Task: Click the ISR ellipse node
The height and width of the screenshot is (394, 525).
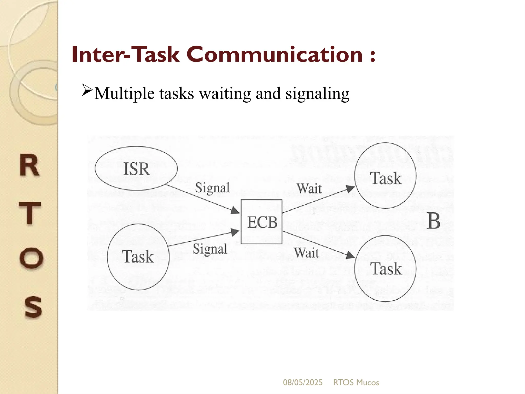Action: (x=136, y=168)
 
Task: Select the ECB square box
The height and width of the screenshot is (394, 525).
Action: (x=261, y=222)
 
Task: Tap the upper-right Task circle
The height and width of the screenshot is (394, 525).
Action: (x=385, y=176)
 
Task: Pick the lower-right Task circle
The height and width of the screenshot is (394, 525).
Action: (x=385, y=269)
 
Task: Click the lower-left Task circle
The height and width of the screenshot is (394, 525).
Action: (x=138, y=257)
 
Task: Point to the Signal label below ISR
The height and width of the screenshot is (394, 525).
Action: (x=212, y=188)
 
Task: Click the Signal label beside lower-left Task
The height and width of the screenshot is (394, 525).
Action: (x=210, y=249)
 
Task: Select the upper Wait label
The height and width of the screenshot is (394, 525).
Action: (x=309, y=189)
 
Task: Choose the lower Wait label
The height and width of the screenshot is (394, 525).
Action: (x=307, y=253)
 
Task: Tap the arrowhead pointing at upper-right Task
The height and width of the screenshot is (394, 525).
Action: (x=350, y=189)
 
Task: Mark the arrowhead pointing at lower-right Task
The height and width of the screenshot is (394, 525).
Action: (x=350, y=255)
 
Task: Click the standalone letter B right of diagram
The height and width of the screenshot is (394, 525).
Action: (x=434, y=221)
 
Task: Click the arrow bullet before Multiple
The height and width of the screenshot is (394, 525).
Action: (x=87, y=90)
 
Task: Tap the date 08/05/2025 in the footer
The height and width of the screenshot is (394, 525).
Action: (x=303, y=382)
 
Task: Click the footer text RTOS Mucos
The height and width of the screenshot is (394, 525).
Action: (x=356, y=382)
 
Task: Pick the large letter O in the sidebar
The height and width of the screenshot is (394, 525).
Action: (x=31, y=258)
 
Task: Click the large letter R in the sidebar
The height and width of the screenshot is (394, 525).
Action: (x=30, y=165)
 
